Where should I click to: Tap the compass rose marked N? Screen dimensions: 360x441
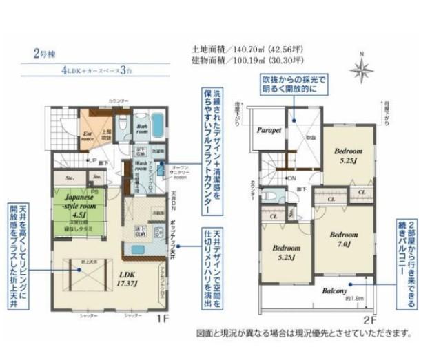(360, 68)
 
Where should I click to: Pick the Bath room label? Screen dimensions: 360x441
(143, 128)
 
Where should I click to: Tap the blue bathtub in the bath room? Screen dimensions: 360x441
(158, 125)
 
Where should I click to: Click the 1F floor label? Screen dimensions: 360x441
(162, 319)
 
